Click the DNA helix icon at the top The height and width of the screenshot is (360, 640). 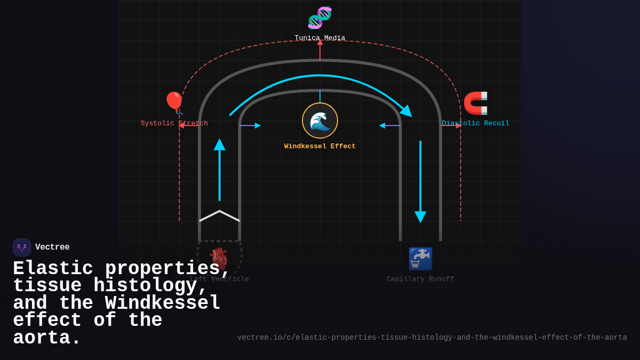click(320, 18)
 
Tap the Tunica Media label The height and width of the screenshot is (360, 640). click(320, 38)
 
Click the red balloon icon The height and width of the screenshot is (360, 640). click(174, 102)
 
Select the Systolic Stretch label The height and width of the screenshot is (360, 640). click(174, 124)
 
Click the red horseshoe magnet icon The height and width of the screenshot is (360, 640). click(475, 103)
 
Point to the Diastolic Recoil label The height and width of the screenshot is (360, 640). click(476, 124)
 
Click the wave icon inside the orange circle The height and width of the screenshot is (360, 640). click(320, 121)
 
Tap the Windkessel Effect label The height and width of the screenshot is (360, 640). click(320, 147)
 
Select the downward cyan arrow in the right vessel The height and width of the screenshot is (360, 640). click(420, 181)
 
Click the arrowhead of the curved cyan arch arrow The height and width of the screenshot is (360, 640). click(406, 111)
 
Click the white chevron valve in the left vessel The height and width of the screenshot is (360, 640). click(220, 215)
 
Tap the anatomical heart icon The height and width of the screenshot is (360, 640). click(219, 259)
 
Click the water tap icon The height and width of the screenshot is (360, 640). click(420, 259)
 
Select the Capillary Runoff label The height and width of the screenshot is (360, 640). click(420, 279)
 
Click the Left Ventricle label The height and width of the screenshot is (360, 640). click(220, 279)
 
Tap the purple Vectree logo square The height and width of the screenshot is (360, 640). click(22, 247)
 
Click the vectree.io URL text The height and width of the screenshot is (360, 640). click(432, 338)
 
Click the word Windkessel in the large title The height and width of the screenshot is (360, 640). click(163, 303)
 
